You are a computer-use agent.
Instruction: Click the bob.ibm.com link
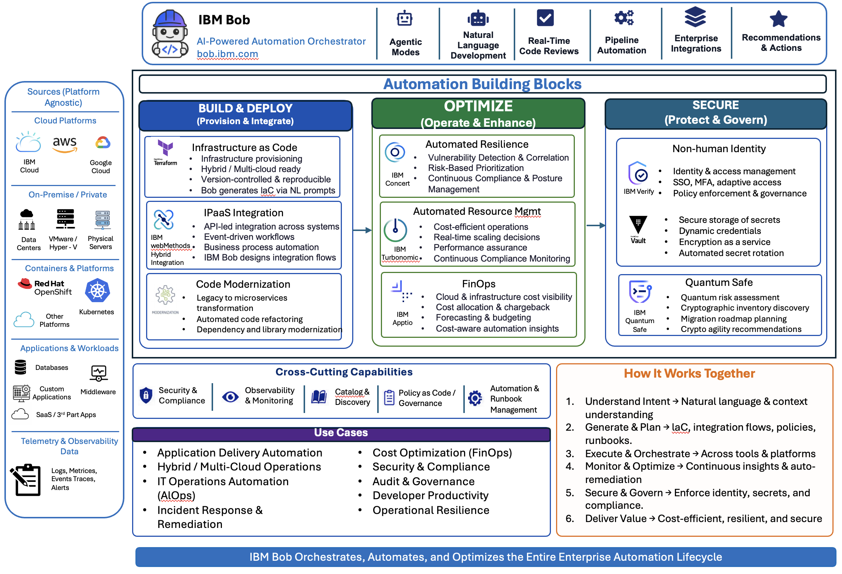[x=227, y=54]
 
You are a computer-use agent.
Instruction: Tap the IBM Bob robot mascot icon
[x=170, y=34]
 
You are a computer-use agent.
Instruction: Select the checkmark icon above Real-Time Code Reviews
[x=545, y=18]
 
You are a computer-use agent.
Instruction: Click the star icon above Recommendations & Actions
[x=779, y=19]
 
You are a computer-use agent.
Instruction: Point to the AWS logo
[x=65, y=144]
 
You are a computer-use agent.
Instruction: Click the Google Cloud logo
[x=103, y=143]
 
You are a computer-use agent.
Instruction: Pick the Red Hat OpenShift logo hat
[x=25, y=283]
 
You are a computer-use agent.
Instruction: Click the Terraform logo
[x=165, y=152]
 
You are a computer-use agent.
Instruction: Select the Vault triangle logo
[x=638, y=224]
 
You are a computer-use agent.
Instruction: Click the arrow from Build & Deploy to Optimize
[x=362, y=230]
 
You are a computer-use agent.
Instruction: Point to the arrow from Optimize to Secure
[x=596, y=225]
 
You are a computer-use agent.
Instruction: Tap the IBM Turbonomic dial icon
[x=395, y=231]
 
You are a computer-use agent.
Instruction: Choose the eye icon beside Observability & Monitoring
[x=230, y=397]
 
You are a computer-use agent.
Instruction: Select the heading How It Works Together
[x=689, y=374]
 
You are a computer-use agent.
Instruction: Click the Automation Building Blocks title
[x=482, y=84]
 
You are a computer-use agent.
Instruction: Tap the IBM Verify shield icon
[x=638, y=173]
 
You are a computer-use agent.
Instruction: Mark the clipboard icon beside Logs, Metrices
[x=25, y=480]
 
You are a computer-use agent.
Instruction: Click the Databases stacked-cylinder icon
[x=20, y=367]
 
